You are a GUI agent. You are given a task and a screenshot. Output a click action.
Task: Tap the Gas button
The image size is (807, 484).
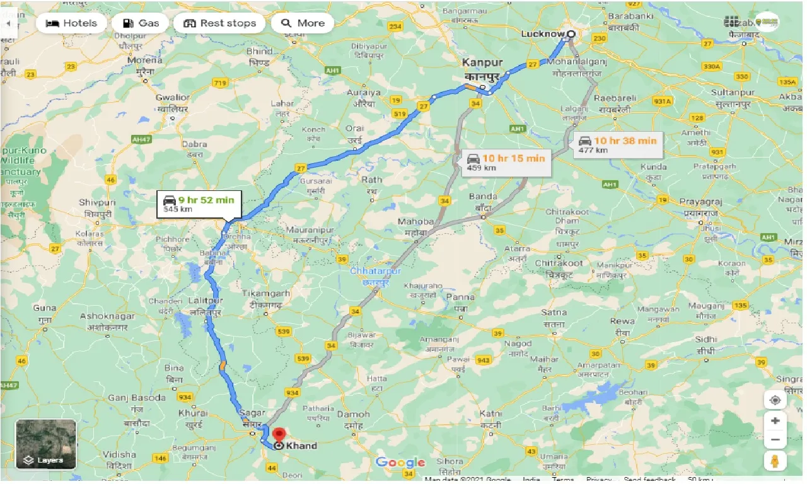pos(140,23)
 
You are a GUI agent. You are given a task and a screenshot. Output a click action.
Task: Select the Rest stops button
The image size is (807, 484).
pos(219,23)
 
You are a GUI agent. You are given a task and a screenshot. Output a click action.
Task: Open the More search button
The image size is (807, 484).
pos(302,23)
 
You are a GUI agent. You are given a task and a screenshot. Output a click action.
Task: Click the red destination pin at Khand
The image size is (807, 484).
pos(279,435)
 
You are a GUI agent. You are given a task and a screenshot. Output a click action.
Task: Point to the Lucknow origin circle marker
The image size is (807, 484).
pos(571,34)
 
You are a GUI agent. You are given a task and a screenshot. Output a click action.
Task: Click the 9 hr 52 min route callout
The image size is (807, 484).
pos(198,204)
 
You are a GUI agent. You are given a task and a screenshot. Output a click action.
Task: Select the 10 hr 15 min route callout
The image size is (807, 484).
pos(506,163)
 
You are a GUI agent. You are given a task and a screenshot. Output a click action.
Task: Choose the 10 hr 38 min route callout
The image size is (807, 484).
pos(617,144)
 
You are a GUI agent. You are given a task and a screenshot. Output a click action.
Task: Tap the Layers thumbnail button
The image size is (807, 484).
pos(45,444)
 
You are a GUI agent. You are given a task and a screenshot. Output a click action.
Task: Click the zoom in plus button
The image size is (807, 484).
pos(775,420)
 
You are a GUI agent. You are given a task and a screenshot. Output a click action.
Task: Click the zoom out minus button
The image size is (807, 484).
pos(775,439)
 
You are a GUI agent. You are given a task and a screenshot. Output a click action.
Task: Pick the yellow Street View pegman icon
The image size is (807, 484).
pos(775,461)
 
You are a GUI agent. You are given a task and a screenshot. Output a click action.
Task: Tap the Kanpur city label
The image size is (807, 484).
pos(482,63)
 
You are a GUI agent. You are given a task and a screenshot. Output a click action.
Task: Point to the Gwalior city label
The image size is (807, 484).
pos(173,98)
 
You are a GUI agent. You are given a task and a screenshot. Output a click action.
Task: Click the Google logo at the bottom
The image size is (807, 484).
pos(400,463)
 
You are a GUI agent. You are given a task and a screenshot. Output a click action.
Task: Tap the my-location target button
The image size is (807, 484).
pos(775,400)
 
